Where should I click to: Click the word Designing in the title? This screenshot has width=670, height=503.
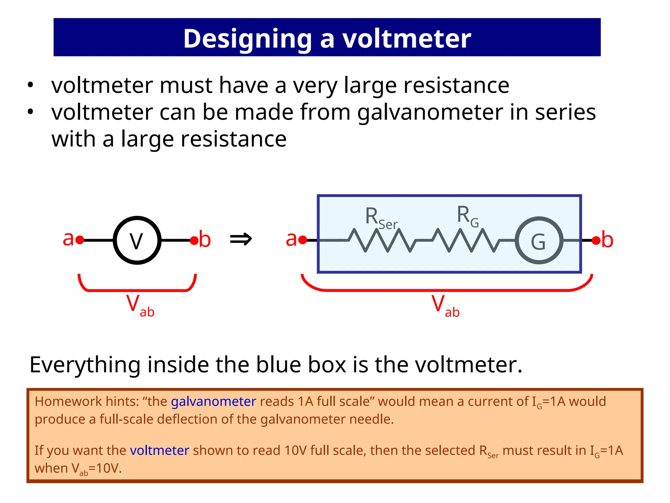pyautogui.click(x=247, y=39)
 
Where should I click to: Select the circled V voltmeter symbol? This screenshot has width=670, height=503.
pyautogui.click(x=137, y=240)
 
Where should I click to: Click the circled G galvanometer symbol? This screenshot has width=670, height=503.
pyautogui.click(x=539, y=241)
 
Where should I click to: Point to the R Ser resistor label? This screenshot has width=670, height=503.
pyautogui.click(x=381, y=218)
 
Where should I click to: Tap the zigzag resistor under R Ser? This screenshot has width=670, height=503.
pyautogui.click(x=381, y=240)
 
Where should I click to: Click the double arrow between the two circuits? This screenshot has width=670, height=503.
pyautogui.click(x=241, y=239)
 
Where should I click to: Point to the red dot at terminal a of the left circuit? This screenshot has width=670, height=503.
pyautogui.click(x=79, y=240)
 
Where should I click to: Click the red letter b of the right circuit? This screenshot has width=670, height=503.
pyautogui.click(x=607, y=240)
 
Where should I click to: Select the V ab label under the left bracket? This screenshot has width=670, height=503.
pyautogui.click(x=140, y=306)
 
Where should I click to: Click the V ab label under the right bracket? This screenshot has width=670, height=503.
pyautogui.click(x=445, y=306)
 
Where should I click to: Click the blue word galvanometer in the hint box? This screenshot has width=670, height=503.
pyautogui.click(x=213, y=401)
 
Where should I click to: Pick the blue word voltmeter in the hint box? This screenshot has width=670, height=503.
pyautogui.click(x=159, y=451)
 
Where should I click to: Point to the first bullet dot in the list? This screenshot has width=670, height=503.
pyautogui.click(x=30, y=85)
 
